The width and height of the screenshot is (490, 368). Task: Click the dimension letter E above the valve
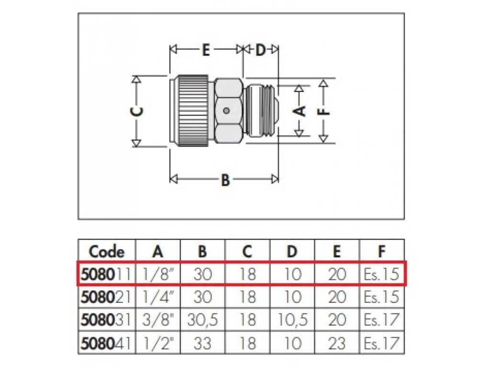click(205, 50)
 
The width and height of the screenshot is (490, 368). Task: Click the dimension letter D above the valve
click(260, 50)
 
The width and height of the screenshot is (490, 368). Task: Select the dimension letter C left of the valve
click(136, 111)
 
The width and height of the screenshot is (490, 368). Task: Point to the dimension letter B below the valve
click(225, 180)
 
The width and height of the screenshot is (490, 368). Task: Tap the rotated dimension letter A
click(299, 111)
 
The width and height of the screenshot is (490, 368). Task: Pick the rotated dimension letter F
click(324, 111)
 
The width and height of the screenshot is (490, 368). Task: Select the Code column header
click(106, 251)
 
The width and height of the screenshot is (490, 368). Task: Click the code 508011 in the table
click(106, 274)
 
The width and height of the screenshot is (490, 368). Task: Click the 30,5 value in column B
click(203, 320)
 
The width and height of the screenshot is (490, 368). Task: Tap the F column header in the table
click(381, 251)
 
